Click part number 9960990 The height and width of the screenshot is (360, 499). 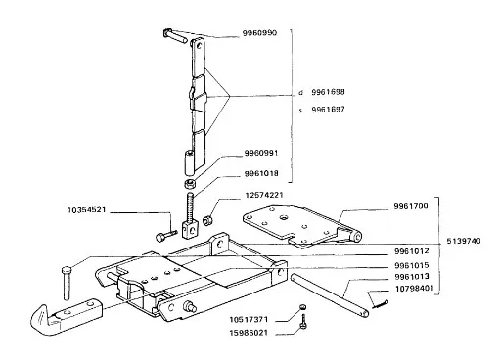pyautogui.click(x=259, y=33)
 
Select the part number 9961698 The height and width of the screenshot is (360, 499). pyautogui.click(x=328, y=92)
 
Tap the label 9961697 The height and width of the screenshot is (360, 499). pyautogui.click(x=328, y=110)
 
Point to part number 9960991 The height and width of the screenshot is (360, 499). pyautogui.click(x=261, y=153)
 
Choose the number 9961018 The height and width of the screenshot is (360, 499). pyautogui.click(x=261, y=173)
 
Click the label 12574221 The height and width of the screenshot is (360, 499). pyautogui.click(x=264, y=195)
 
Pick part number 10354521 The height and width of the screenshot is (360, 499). pyautogui.click(x=87, y=210)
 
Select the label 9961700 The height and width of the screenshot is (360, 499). pyautogui.click(x=411, y=206)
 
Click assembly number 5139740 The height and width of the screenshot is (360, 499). pyautogui.click(x=464, y=241)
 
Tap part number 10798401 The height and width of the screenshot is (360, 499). pyautogui.click(x=415, y=289)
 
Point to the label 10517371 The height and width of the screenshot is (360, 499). pyautogui.click(x=249, y=319)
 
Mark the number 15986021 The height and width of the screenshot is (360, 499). pyautogui.click(x=249, y=333)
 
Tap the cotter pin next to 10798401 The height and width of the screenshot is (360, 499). pyautogui.click(x=380, y=304)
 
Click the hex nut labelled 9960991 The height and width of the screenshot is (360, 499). pyautogui.click(x=190, y=184)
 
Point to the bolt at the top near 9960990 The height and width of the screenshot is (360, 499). pyautogui.click(x=174, y=35)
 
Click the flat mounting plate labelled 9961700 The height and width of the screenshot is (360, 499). pyautogui.click(x=301, y=226)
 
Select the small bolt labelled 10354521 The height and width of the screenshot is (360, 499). pyautogui.click(x=166, y=236)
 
